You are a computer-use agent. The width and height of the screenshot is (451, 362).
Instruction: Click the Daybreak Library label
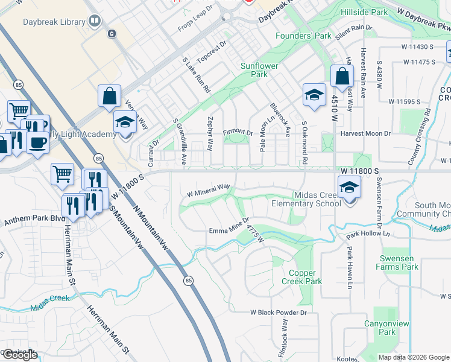tap(54, 22)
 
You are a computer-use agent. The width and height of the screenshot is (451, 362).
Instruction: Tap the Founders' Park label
tap(303, 36)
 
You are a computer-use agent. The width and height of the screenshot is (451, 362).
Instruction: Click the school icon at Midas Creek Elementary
tap(349, 187)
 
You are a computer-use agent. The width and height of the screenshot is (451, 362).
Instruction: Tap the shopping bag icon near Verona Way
tap(110, 97)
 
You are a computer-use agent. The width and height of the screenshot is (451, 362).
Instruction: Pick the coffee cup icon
tap(39, 143)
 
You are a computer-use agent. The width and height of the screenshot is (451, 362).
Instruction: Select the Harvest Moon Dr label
tap(365, 133)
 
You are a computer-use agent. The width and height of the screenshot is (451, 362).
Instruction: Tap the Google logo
tap(20, 355)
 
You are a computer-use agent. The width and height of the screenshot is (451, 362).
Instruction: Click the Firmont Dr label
tap(238, 132)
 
